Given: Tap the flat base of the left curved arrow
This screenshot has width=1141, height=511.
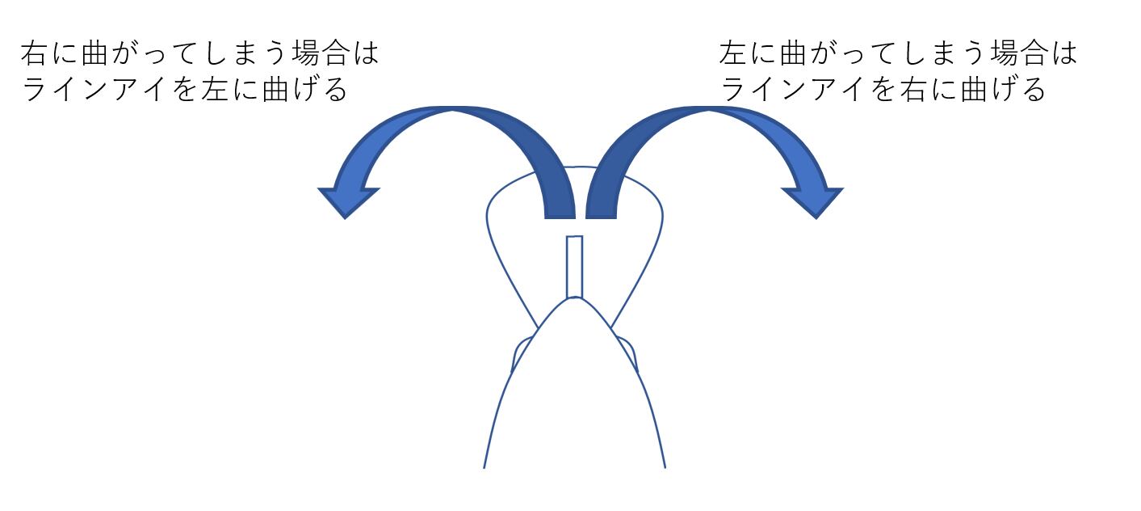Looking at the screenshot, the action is click(x=559, y=214).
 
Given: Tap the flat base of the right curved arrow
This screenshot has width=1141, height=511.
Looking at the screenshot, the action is click(x=602, y=214).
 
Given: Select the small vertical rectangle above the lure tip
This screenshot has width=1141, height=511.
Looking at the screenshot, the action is click(x=574, y=266).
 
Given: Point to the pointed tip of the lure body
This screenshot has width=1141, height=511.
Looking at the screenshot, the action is click(x=574, y=299).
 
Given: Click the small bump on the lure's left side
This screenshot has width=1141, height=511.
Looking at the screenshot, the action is click(x=521, y=353).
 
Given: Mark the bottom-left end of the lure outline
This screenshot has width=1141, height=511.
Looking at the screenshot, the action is click(x=485, y=466).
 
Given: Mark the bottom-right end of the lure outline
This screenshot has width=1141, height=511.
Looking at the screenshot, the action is click(x=664, y=466).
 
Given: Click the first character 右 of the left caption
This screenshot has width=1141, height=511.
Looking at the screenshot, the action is click(x=34, y=55).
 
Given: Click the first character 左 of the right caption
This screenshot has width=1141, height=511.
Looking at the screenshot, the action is click(x=732, y=55).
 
